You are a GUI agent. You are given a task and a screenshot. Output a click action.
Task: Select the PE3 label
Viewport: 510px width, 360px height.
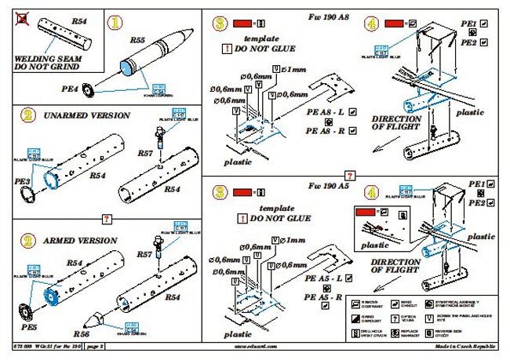pyautogui.click(x=24, y=182)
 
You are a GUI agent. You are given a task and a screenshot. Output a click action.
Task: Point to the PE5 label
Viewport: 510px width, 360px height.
pyautogui.click(x=24, y=322)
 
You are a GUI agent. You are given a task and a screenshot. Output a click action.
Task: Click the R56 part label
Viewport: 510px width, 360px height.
pyautogui.click(x=81, y=332)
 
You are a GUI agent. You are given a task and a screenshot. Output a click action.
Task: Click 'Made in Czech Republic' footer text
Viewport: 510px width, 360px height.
pyautogui.click(x=460, y=346)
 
